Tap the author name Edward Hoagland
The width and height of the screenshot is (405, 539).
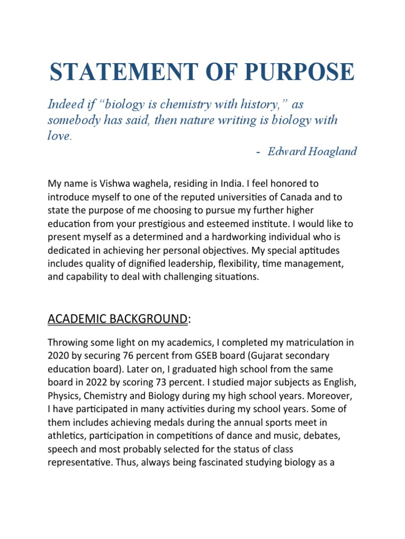tap(312, 152)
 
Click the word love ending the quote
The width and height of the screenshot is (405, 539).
tap(57, 136)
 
